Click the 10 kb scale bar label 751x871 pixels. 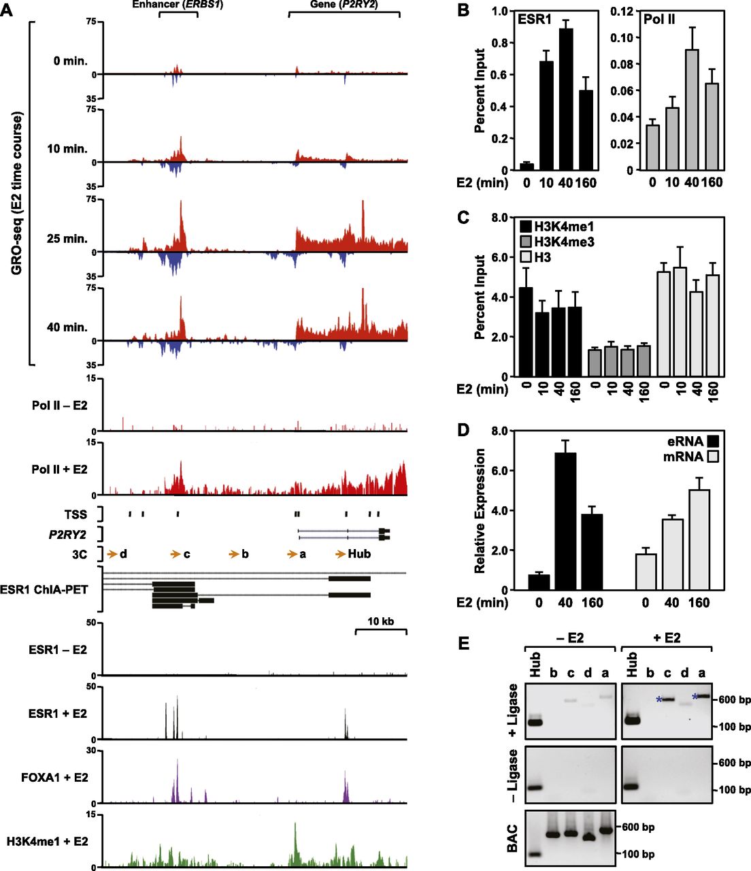tap(380, 621)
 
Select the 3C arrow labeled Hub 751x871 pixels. tap(352, 554)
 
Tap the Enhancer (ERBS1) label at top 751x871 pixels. tap(178, 5)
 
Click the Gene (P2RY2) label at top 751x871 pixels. tap(344, 5)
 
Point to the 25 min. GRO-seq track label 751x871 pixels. tap(67, 239)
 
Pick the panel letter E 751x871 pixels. tap(464, 642)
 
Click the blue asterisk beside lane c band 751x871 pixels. tap(658, 700)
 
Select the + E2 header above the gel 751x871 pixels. tap(667, 638)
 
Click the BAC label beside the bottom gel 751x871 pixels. tap(513, 838)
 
